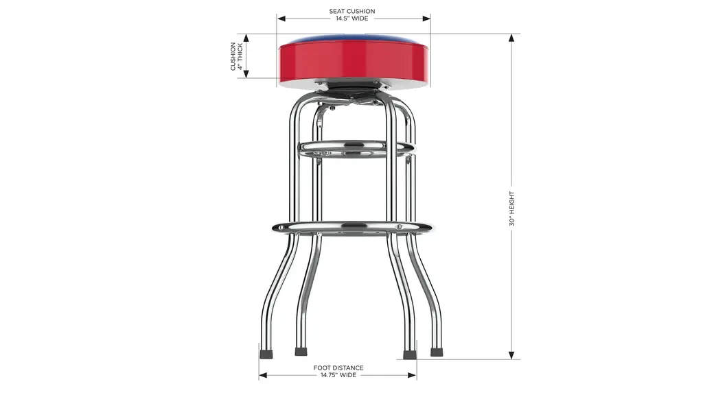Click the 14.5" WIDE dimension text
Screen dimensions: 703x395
point(352,19)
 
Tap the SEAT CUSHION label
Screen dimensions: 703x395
point(352,11)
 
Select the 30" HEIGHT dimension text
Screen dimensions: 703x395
point(511,208)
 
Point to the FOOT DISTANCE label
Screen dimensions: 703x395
point(338,368)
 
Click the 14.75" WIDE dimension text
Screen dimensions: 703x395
point(338,375)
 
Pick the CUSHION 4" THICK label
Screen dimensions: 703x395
point(236,56)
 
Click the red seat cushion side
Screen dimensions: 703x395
point(354,62)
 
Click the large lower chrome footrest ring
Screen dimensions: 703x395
point(353,228)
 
